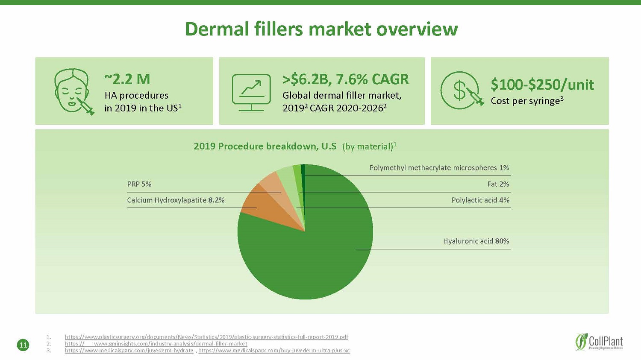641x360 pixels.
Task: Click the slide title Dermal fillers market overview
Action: [321, 29]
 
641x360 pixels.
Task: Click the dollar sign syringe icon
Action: [462, 91]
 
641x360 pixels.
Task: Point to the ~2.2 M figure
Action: [127, 79]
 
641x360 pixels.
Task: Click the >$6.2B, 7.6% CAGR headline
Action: [346, 79]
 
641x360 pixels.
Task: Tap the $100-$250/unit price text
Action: [542, 85]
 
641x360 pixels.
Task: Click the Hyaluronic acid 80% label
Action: [476, 241]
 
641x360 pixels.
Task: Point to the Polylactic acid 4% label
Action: [480, 200]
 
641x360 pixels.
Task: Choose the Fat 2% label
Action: [498, 184]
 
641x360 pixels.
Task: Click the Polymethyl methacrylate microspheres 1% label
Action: [439, 168]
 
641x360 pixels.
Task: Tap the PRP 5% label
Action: [139, 184]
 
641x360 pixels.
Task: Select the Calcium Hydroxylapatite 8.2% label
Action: [176, 200]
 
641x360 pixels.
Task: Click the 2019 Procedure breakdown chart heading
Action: [295, 146]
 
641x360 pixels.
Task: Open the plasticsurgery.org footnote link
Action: [206, 337]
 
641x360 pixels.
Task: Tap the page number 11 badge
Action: [23, 345]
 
